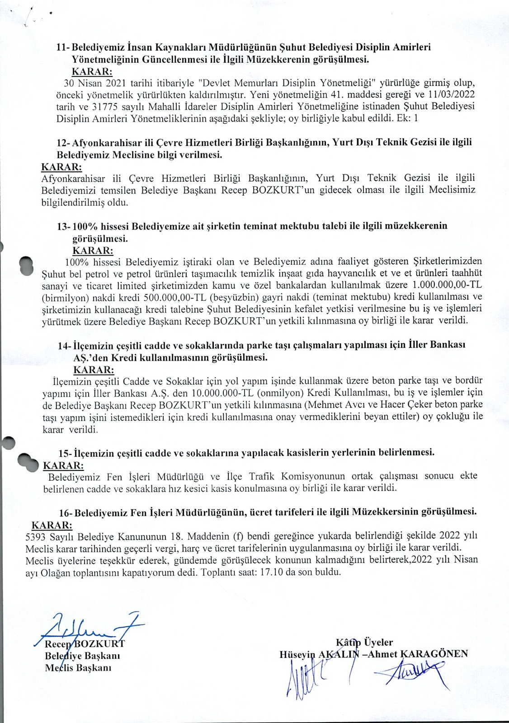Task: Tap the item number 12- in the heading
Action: tap(63, 142)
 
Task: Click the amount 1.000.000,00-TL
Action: tap(447, 286)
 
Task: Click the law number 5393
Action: tap(36, 536)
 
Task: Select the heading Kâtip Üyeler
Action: tap(364, 642)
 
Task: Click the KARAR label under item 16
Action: tap(52, 525)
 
